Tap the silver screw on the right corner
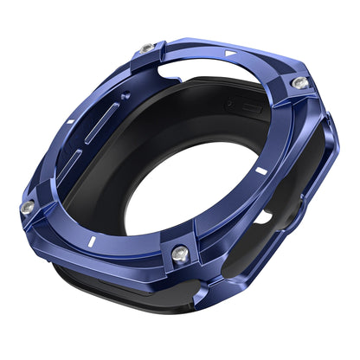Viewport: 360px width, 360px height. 299,82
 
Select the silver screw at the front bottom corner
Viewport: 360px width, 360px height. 179,254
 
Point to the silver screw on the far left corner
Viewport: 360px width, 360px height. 28,208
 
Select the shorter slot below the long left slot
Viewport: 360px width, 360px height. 74,161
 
